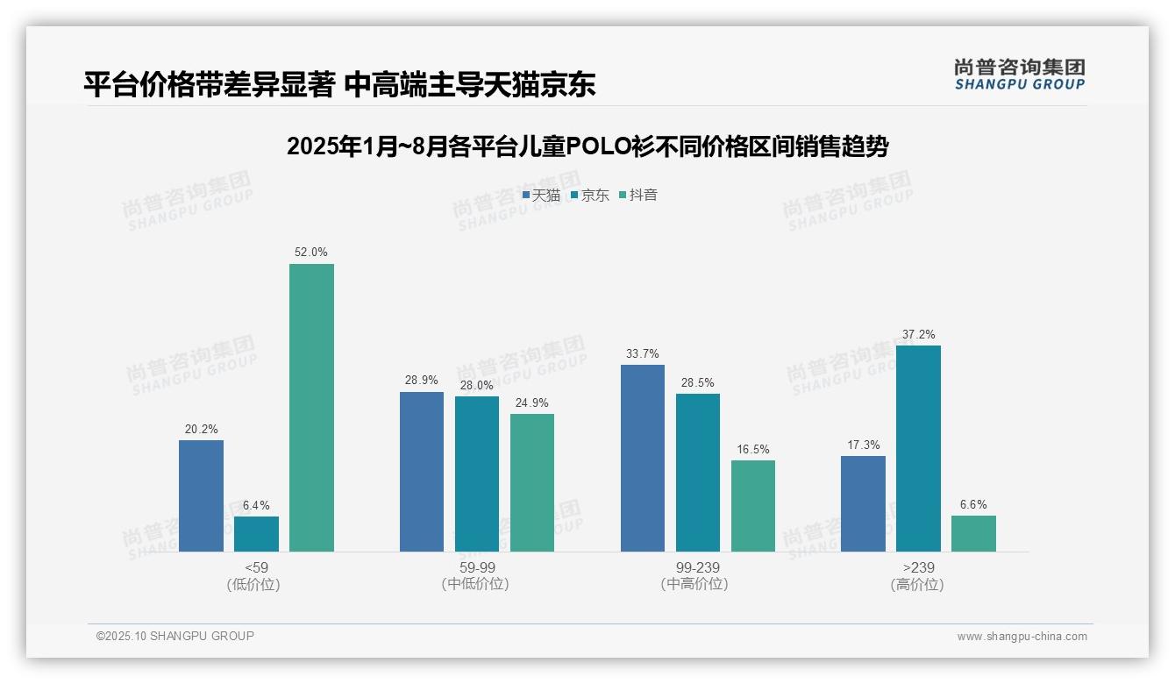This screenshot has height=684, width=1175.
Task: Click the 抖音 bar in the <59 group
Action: [311, 408]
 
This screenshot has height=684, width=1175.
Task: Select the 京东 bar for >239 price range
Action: [918, 448]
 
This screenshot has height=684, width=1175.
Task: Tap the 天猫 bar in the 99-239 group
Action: [643, 458]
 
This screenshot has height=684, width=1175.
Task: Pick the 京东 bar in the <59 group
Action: [256, 534]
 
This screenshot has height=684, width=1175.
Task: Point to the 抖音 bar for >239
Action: [973, 533]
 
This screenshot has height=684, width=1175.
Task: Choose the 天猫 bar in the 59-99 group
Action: [422, 472]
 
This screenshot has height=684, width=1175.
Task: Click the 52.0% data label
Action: [311, 253]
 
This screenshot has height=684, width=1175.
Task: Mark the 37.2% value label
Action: [918, 335]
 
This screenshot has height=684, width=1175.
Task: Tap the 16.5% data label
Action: [753, 450]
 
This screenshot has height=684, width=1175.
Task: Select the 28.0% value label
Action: [477, 386]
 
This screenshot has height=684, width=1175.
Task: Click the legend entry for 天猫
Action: [541, 196]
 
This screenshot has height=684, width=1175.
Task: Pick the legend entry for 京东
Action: [590, 196]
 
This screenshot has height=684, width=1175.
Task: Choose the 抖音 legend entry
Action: [638, 196]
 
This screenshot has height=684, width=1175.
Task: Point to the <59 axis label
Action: [257, 567]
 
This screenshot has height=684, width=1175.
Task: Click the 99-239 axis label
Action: [698, 567]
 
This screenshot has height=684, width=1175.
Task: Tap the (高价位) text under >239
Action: [918, 584]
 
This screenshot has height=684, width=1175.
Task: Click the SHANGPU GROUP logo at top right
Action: [1019, 75]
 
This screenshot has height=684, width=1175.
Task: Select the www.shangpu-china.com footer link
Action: [1022, 637]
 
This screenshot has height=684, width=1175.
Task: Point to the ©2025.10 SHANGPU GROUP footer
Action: [175, 637]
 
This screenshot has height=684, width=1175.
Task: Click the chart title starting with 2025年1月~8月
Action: [587, 146]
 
